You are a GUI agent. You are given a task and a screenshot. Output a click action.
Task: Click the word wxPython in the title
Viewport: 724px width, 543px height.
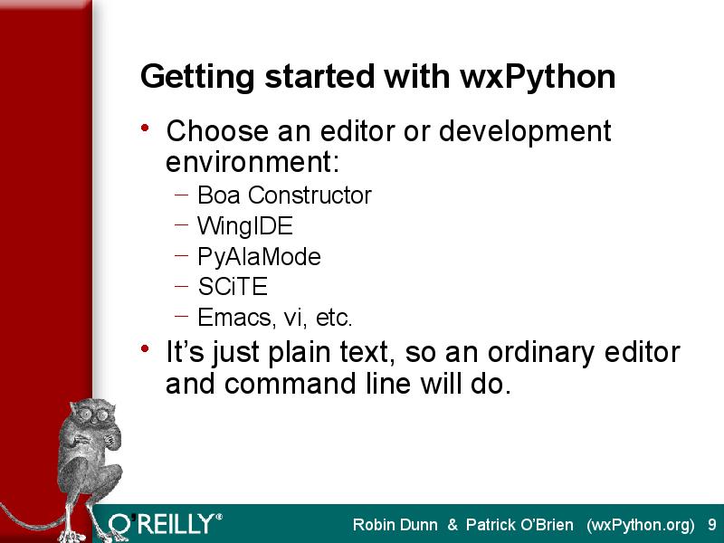tap(538, 77)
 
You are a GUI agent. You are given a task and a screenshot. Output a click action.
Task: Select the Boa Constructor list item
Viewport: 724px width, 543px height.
tap(284, 195)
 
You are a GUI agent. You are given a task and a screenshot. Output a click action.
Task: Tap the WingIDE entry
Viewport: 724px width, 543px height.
tap(245, 226)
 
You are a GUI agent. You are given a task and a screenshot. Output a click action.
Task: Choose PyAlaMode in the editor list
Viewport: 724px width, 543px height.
tap(259, 257)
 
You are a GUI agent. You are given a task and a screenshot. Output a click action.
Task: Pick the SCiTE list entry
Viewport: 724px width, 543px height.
tap(233, 287)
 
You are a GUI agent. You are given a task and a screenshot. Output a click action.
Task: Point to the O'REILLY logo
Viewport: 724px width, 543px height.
tap(165, 524)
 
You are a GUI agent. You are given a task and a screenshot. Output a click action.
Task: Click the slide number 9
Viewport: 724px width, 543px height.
tap(712, 525)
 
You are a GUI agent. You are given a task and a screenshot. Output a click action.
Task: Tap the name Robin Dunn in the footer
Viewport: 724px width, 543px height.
tap(395, 525)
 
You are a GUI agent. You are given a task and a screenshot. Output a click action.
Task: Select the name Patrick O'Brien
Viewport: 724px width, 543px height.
tap(519, 525)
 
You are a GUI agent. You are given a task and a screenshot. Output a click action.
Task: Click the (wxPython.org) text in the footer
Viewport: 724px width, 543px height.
tap(641, 526)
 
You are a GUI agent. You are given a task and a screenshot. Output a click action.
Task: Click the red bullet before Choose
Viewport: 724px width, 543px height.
tap(145, 128)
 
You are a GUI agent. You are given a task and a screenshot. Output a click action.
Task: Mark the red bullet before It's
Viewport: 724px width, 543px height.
tap(145, 348)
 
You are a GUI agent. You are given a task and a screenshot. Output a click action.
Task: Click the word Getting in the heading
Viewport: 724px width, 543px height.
tap(197, 78)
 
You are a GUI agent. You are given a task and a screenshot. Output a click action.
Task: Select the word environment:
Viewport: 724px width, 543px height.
tap(252, 162)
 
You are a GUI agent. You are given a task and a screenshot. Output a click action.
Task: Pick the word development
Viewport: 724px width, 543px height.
tap(525, 132)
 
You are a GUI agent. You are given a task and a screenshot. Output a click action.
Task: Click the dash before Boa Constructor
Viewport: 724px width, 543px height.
tap(182, 195)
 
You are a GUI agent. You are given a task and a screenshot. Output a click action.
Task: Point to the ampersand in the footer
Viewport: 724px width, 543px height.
tap(452, 525)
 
